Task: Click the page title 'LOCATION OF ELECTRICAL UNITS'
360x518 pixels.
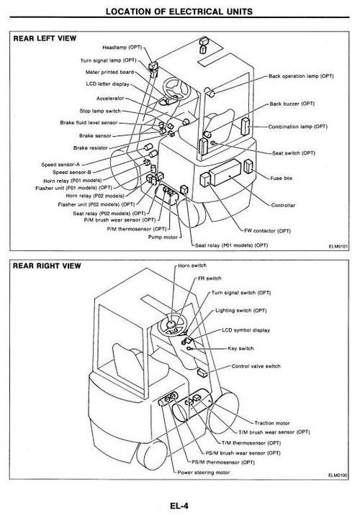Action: [x=180, y=11]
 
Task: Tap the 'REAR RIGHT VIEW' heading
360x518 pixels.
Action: [x=48, y=265]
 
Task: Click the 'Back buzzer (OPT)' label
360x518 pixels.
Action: [x=294, y=104]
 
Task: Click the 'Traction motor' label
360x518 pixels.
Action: [x=273, y=423]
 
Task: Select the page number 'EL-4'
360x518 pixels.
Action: [x=180, y=506]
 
